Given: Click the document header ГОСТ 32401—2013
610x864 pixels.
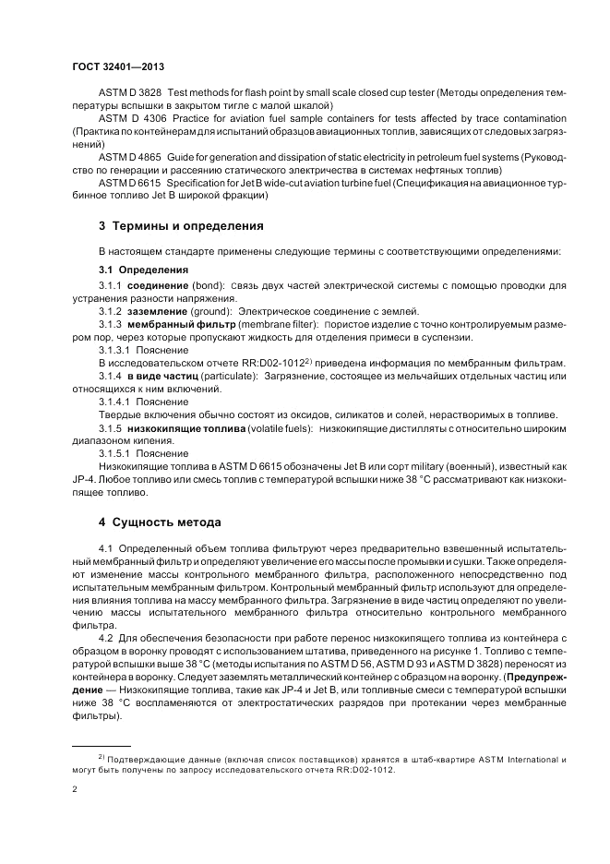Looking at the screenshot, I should (x=118, y=67).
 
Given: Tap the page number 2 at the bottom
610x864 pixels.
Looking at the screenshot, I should (x=75, y=790).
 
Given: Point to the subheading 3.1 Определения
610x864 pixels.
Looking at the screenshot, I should (x=143, y=270).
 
